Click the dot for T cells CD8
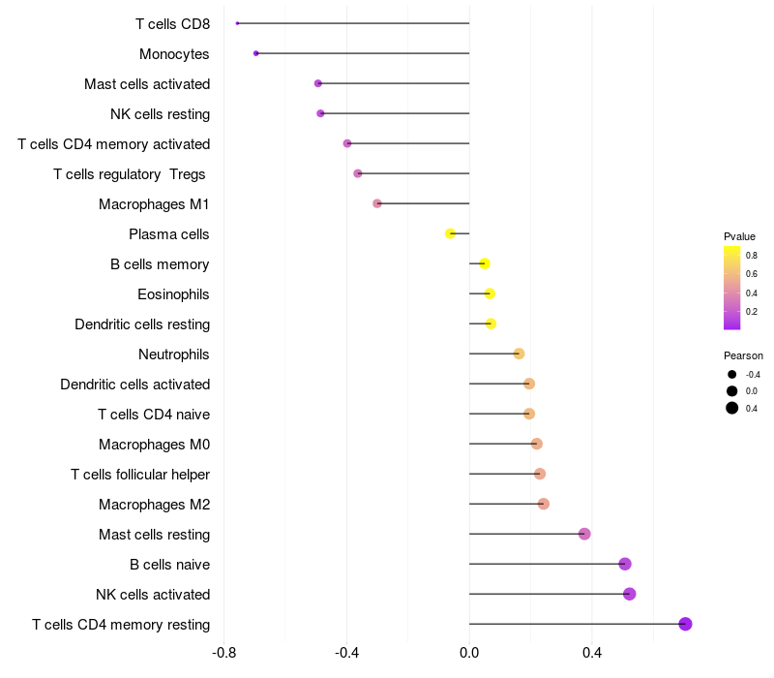pos(237,23)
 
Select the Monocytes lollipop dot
pos(255,53)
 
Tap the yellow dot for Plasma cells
pos(450,233)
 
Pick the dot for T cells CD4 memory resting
pos(685,624)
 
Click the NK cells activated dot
pos(630,594)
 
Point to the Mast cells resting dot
pos(584,534)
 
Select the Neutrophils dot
pos(519,354)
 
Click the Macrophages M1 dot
pos(377,203)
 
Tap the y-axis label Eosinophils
pos(173,294)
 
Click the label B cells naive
pos(170,565)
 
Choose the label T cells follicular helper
pos(140,475)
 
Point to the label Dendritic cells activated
pos(135,384)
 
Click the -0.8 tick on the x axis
pos(223,653)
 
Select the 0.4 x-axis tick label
pos(592,653)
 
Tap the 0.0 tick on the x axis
pos(469,653)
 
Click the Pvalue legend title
pos(739,236)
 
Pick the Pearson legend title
pos(743,355)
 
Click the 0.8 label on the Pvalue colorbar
pos(752,256)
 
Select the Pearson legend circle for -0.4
pos(732,375)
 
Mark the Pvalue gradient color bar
pos(732,288)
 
